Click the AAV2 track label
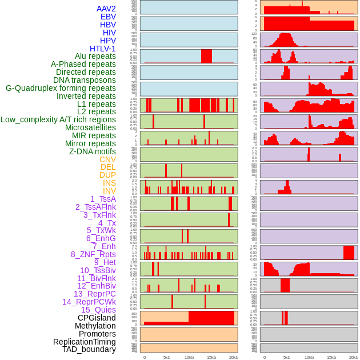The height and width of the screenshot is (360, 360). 106,9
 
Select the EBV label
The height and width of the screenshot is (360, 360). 108,17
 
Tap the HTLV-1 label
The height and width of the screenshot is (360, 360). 102,49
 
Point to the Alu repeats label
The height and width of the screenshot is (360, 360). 95,56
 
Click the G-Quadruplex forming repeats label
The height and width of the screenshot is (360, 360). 61,88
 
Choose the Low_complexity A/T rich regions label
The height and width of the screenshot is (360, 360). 58,119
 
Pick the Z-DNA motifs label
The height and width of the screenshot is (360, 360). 92,151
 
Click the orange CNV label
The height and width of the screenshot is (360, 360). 107,159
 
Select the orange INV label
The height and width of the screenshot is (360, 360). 109,191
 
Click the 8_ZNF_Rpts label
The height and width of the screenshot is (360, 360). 93,254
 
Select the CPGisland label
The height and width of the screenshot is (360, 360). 97,318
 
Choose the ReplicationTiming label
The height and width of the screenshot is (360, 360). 84,342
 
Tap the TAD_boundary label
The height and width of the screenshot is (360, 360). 89,349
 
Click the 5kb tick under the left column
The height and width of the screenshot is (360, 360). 167,357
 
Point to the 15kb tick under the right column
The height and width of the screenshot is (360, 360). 331,357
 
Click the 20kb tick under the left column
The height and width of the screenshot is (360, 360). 234,357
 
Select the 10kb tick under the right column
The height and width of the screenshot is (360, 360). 309,357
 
